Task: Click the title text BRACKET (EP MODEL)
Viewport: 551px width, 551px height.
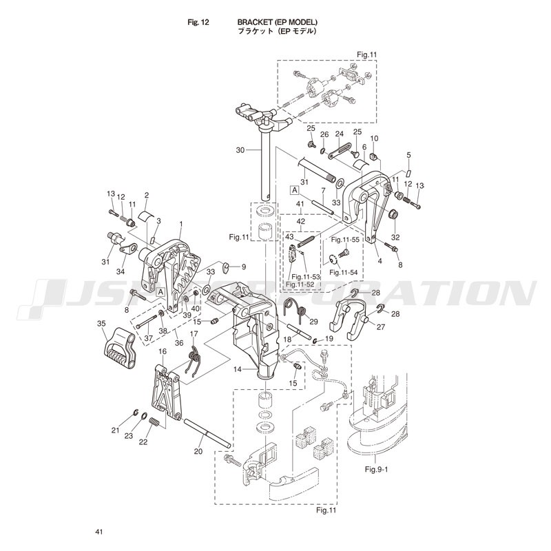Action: pos(278,23)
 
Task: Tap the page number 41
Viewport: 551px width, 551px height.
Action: pos(98,532)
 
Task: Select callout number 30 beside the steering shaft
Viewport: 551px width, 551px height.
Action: pos(240,150)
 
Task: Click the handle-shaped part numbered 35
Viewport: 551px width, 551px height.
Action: pos(119,349)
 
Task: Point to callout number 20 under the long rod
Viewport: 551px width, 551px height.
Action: pos(198,451)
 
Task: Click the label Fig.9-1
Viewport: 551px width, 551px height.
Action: pos(376,469)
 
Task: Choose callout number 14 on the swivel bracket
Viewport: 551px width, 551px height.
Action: pos(238,369)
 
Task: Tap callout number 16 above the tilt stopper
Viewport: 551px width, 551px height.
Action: pos(163,352)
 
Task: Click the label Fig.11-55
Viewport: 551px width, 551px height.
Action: pos(345,240)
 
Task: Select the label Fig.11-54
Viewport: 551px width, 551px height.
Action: pos(343,272)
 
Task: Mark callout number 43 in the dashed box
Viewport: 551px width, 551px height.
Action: pos(289,237)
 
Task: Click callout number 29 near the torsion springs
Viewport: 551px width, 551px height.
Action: pos(313,322)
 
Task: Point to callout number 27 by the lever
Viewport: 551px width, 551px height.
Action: pos(381,327)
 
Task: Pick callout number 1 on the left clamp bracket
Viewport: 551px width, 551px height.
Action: pos(181,224)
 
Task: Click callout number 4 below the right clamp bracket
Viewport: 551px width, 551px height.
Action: pos(380,261)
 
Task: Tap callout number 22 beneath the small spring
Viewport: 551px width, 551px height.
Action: pos(143,442)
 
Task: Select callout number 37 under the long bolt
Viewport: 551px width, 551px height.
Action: pos(149,338)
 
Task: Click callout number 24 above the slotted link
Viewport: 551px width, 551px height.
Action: pos(339,134)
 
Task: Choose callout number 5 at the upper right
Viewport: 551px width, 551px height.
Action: pos(408,155)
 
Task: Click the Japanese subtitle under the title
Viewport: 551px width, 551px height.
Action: pos(278,31)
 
